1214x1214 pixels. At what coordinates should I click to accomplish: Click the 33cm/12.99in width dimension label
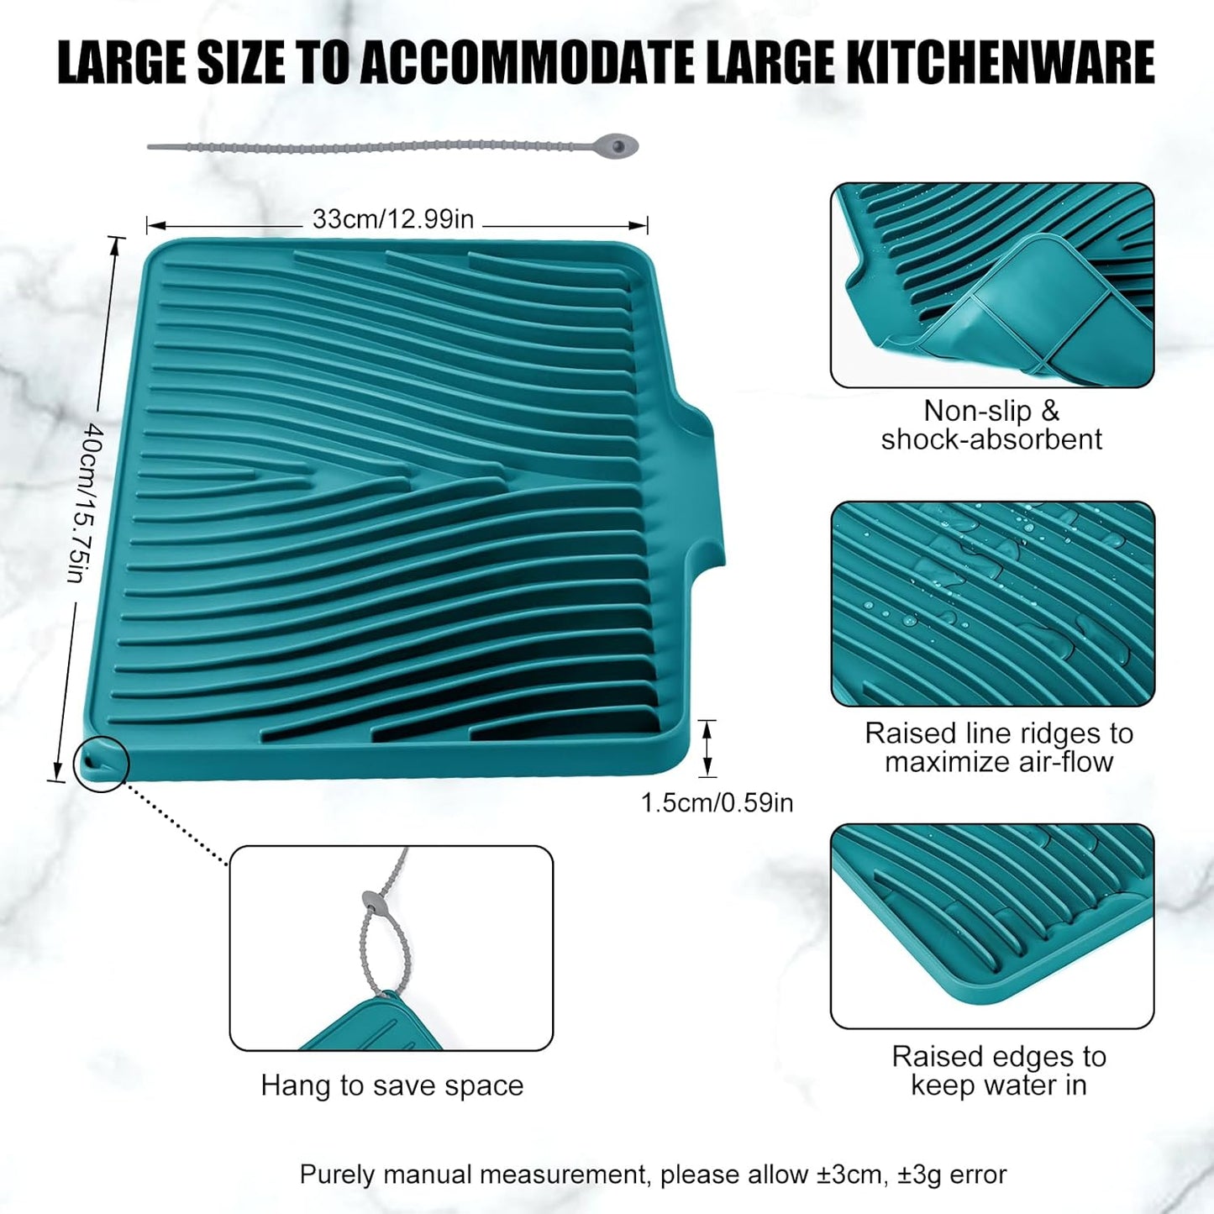tap(393, 219)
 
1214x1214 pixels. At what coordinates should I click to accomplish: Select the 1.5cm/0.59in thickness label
tap(717, 802)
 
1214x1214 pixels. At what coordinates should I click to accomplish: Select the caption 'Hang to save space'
tap(392, 1085)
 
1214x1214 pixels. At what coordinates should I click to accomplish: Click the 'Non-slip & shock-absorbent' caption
tap(991, 425)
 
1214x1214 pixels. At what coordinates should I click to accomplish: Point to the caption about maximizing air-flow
tap(999, 748)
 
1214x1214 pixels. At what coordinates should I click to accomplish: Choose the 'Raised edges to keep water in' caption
tap(999, 1070)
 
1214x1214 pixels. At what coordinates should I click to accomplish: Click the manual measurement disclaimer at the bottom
tap(653, 1174)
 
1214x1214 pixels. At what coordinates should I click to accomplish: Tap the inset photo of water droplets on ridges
tap(992, 603)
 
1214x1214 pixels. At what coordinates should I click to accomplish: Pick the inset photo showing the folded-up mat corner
tap(992, 285)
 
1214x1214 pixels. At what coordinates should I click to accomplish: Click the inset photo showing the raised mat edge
tap(992, 926)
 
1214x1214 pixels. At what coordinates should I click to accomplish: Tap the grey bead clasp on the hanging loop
tap(371, 902)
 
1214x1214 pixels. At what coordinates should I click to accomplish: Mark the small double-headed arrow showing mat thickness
tap(707, 748)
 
